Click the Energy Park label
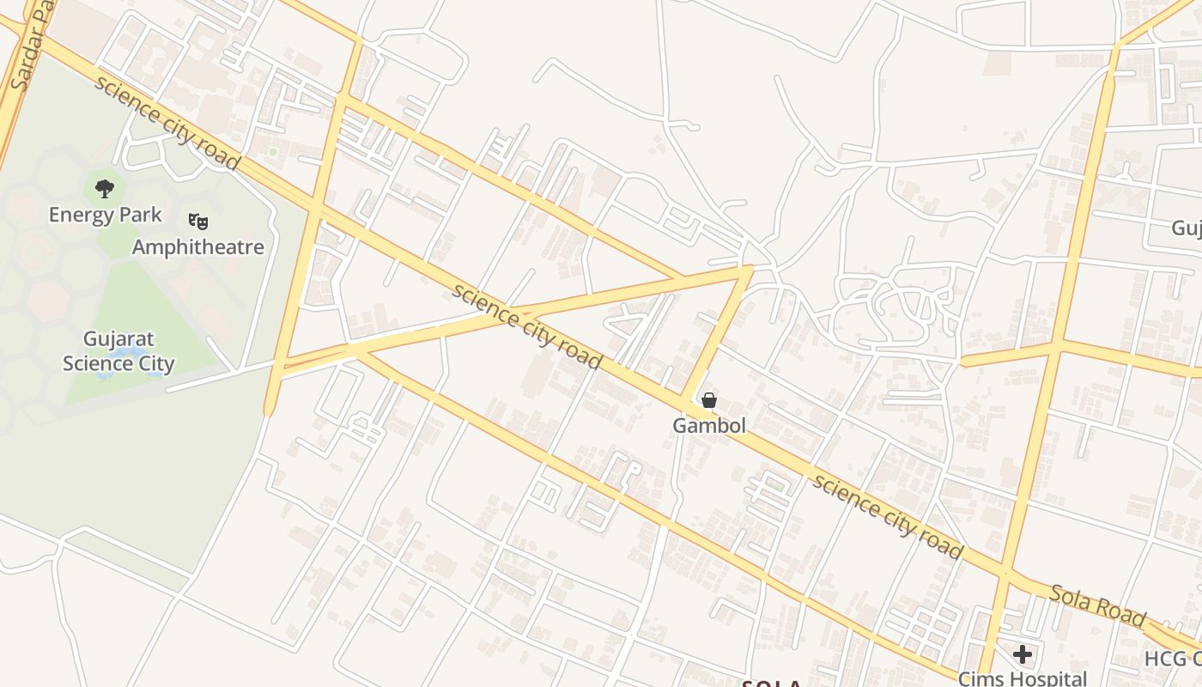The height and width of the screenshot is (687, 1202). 105,215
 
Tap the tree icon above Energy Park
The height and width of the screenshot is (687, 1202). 105,188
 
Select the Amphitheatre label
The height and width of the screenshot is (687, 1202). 198,247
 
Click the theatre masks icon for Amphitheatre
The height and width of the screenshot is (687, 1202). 198,222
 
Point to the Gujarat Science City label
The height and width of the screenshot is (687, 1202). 118,351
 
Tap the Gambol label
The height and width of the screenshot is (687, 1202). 708,425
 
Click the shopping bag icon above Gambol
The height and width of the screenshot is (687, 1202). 709,400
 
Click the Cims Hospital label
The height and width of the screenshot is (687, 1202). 1023,678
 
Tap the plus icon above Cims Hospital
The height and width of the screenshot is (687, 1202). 1022,654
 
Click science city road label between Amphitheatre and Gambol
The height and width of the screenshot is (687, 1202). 526,325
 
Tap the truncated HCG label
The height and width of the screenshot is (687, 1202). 1174,659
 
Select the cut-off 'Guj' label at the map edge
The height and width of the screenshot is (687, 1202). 1187,228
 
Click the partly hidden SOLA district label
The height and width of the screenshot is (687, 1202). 771,684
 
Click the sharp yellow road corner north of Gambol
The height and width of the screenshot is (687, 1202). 749,270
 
